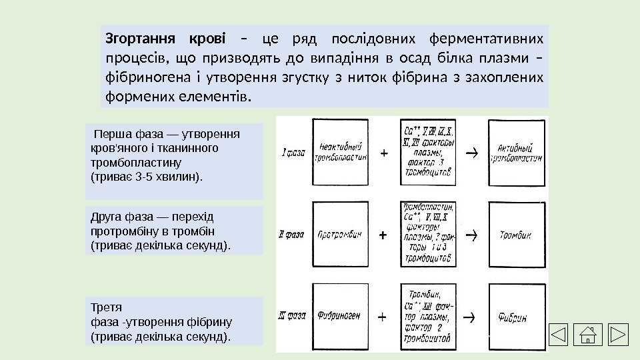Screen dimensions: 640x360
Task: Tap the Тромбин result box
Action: [x=517, y=235]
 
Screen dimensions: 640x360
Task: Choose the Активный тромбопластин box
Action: [x=517, y=152]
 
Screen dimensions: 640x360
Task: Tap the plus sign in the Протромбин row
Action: [x=383, y=235]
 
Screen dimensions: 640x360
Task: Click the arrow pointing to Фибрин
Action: [x=469, y=316]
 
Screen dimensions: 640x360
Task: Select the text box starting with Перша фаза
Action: [x=175, y=161]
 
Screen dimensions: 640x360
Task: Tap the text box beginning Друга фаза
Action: [x=175, y=231]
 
